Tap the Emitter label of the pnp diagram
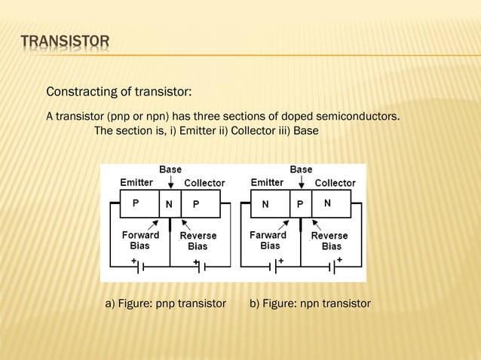tap(136, 182)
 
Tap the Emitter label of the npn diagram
tap(267, 182)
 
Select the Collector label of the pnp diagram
tap(204, 183)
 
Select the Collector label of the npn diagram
tap(335, 183)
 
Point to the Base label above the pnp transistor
tap(170, 169)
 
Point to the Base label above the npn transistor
tap(301, 169)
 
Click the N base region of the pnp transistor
tap(170, 203)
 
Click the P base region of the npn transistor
tap(300, 203)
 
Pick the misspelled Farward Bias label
tap(269, 240)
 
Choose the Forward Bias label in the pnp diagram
tap(140, 240)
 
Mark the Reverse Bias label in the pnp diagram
tap(198, 241)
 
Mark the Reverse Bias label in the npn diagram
tap(330, 241)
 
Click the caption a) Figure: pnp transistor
tap(166, 304)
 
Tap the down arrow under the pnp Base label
tap(170, 182)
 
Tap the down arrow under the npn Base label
tap(301, 182)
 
